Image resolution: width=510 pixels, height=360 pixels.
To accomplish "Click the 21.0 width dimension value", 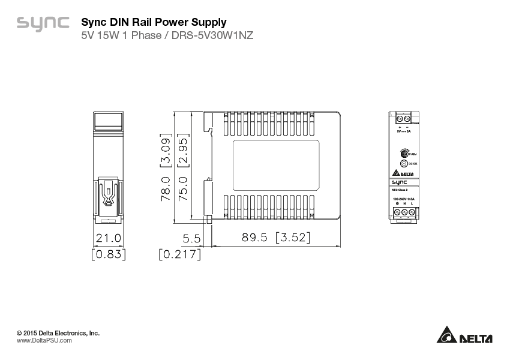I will click(x=109, y=238).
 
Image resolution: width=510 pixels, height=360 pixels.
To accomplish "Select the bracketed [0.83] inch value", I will click(x=109, y=254).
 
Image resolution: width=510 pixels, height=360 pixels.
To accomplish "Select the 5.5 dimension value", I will click(x=191, y=238).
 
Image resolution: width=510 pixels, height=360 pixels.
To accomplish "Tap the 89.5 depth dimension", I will click(x=254, y=238).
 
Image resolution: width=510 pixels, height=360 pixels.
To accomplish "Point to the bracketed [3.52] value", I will click(x=293, y=238).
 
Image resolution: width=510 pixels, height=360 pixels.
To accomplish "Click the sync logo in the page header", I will click(x=43, y=24).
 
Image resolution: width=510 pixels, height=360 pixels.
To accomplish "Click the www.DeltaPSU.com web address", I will click(x=44, y=340).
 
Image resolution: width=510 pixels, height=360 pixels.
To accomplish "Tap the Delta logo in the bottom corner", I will click(x=464, y=335).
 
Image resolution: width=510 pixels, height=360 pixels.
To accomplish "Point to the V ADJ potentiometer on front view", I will click(x=404, y=153).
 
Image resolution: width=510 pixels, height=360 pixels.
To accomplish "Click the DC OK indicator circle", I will click(x=404, y=163).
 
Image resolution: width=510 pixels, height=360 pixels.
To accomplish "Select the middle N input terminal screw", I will click(x=404, y=212).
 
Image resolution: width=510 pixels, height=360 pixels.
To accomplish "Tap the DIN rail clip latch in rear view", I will click(x=109, y=193).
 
